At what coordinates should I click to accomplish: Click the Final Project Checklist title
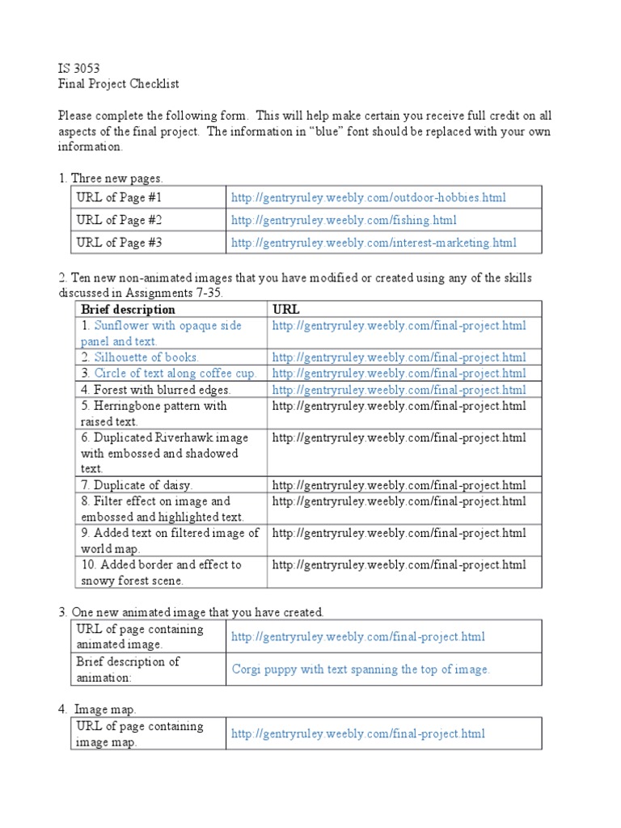[118, 84]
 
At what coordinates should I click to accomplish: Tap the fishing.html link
[344, 220]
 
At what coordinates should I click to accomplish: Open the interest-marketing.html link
[374, 243]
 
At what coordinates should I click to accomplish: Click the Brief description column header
[128, 310]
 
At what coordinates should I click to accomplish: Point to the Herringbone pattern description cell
[154, 413]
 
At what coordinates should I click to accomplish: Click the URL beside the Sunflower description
[399, 326]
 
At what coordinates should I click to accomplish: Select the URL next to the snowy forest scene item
[399, 564]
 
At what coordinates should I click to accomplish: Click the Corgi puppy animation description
[361, 669]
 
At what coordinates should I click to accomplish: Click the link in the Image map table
[358, 733]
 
